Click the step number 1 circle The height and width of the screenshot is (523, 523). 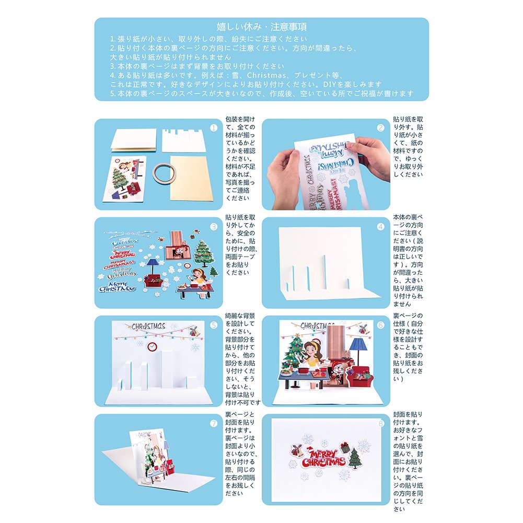pos(214,128)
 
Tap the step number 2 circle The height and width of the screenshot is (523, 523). pos(380,128)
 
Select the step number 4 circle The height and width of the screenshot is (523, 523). pos(380,227)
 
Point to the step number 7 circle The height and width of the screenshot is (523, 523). pos(214,424)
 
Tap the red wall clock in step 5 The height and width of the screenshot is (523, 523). pos(152,347)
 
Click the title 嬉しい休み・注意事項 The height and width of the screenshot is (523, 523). pos(261,27)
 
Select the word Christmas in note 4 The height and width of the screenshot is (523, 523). pos(266,75)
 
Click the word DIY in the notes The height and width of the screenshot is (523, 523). pos(329,84)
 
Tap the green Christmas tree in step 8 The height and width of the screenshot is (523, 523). pos(355,458)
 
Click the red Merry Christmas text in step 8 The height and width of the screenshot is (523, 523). pos(323,458)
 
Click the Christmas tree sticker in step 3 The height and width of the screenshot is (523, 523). pos(204,254)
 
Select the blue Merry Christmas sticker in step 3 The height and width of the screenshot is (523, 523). pos(117,286)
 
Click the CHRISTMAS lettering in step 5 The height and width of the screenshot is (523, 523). pos(148,326)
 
